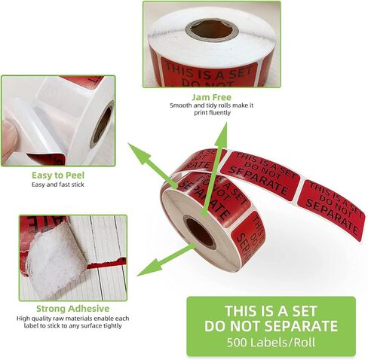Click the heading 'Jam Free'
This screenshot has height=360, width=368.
tap(212, 97)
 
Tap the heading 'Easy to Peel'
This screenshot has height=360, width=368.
tap(58, 175)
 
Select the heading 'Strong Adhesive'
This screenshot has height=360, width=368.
tap(73, 309)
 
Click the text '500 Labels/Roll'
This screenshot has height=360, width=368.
tap(271, 343)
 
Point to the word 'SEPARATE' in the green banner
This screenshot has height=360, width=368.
tap(301, 326)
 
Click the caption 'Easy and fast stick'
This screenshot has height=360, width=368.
tap(58, 185)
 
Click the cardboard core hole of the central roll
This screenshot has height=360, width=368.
tap(201, 232)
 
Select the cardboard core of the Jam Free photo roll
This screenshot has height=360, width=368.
tap(212, 29)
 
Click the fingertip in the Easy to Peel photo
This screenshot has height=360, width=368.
tap(9, 142)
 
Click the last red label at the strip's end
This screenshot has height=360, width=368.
tap(331, 209)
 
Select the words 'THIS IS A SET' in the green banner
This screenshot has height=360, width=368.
tap(271, 311)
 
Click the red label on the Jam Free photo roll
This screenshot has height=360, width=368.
tap(209, 73)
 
